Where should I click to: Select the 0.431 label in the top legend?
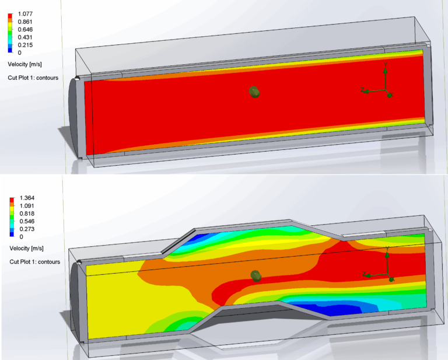click(25, 37)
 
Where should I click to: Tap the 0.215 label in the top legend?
click(25, 45)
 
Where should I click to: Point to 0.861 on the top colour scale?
click(25, 21)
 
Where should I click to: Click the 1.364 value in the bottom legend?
click(27, 198)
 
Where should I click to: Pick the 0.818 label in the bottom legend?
click(27, 214)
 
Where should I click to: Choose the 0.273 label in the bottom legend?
click(27, 229)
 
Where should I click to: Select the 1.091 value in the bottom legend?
click(27, 205)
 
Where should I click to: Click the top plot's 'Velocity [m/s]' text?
click(24, 64)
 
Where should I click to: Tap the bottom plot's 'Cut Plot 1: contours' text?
click(34, 262)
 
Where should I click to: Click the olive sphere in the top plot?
click(254, 92)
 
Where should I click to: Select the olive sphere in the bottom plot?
click(254, 275)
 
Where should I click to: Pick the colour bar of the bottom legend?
click(12, 217)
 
